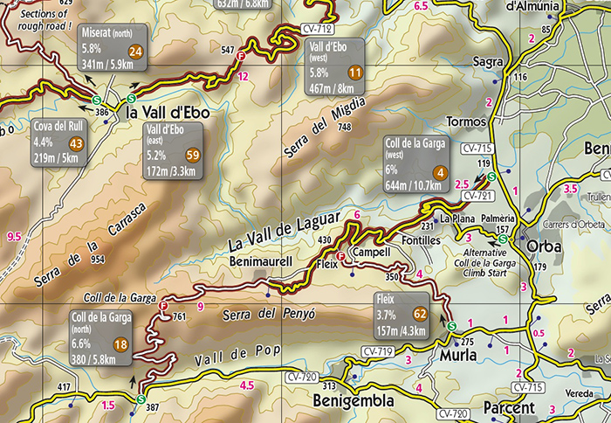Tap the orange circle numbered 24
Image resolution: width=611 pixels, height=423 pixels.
tap(135, 52)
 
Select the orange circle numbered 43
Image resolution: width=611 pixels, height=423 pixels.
tap(76, 144)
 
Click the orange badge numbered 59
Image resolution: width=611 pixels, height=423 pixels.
tap(193, 155)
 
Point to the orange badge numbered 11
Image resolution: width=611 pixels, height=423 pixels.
tap(354, 73)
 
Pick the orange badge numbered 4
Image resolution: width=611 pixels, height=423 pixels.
tap(441, 173)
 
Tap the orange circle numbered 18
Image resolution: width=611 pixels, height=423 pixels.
tap(120, 345)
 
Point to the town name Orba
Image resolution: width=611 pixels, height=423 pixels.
tap(546, 246)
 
